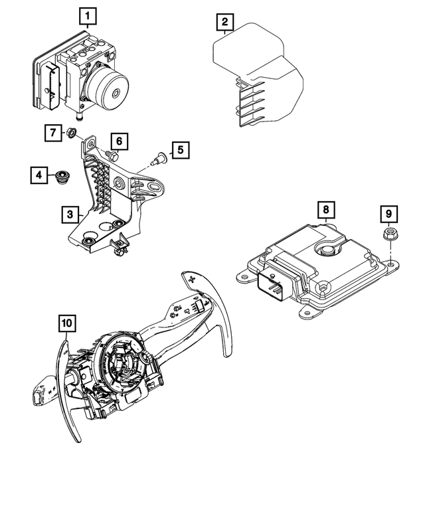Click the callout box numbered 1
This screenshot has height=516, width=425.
coord(88,15)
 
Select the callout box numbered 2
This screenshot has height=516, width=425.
coord(226,24)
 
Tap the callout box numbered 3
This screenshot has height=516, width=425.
coord(68,215)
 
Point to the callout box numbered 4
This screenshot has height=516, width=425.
coord(39,175)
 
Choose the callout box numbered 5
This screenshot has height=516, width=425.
coord(179,151)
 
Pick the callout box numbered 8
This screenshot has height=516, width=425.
coord(325,211)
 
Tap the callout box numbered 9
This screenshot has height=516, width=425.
coord(388,214)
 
